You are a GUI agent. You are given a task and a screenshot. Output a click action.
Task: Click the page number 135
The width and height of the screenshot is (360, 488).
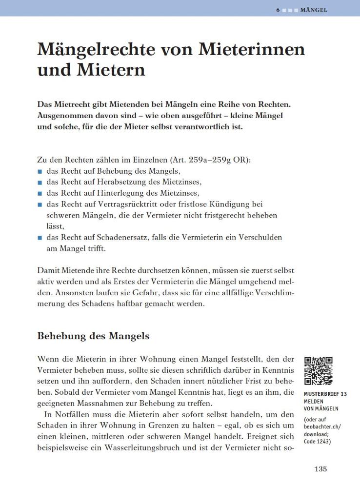tap(320, 469)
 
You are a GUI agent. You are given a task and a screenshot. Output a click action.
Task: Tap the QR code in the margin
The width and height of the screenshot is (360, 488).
tap(319, 371)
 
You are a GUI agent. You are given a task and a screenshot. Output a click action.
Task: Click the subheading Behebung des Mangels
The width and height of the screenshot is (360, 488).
tap(93, 336)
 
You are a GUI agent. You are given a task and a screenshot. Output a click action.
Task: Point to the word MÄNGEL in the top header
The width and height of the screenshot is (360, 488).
tap(314, 10)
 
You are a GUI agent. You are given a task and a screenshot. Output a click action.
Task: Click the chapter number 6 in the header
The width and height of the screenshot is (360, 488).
tap(277, 10)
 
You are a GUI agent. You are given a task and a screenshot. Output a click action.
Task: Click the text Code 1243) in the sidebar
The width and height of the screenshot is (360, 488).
tap(317, 442)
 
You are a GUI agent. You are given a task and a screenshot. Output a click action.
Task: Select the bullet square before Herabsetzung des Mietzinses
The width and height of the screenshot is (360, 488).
tap(40, 182)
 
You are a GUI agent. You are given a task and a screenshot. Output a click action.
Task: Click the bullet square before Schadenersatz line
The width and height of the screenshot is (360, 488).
tap(40, 238)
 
